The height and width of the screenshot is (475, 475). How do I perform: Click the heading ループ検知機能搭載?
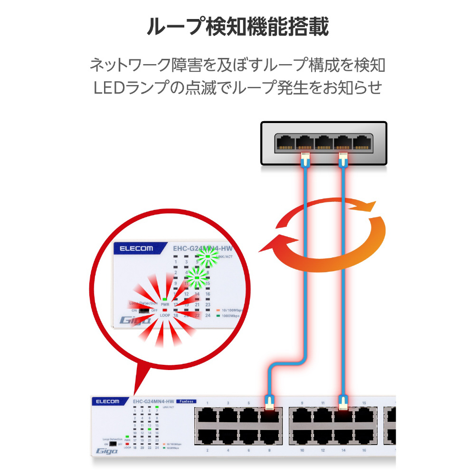[x=237, y=27]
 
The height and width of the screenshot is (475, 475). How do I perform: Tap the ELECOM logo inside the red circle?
[x=136, y=248]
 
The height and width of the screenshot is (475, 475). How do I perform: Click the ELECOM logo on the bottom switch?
[x=108, y=401]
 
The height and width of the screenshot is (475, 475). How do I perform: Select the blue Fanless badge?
[x=188, y=401]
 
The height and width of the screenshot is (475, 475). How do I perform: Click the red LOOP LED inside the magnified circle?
[x=165, y=310]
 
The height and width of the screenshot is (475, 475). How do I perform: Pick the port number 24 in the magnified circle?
[x=208, y=315]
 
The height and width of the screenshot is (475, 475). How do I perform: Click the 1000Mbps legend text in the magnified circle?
[x=231, y=315]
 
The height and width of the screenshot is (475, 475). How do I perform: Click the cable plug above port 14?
[x=343, y=403]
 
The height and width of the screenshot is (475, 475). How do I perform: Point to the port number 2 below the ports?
[x=208, y=450]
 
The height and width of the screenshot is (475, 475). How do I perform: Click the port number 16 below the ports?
[x=364, y=450]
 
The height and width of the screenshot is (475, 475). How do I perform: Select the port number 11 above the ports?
[x=323, y=403]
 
